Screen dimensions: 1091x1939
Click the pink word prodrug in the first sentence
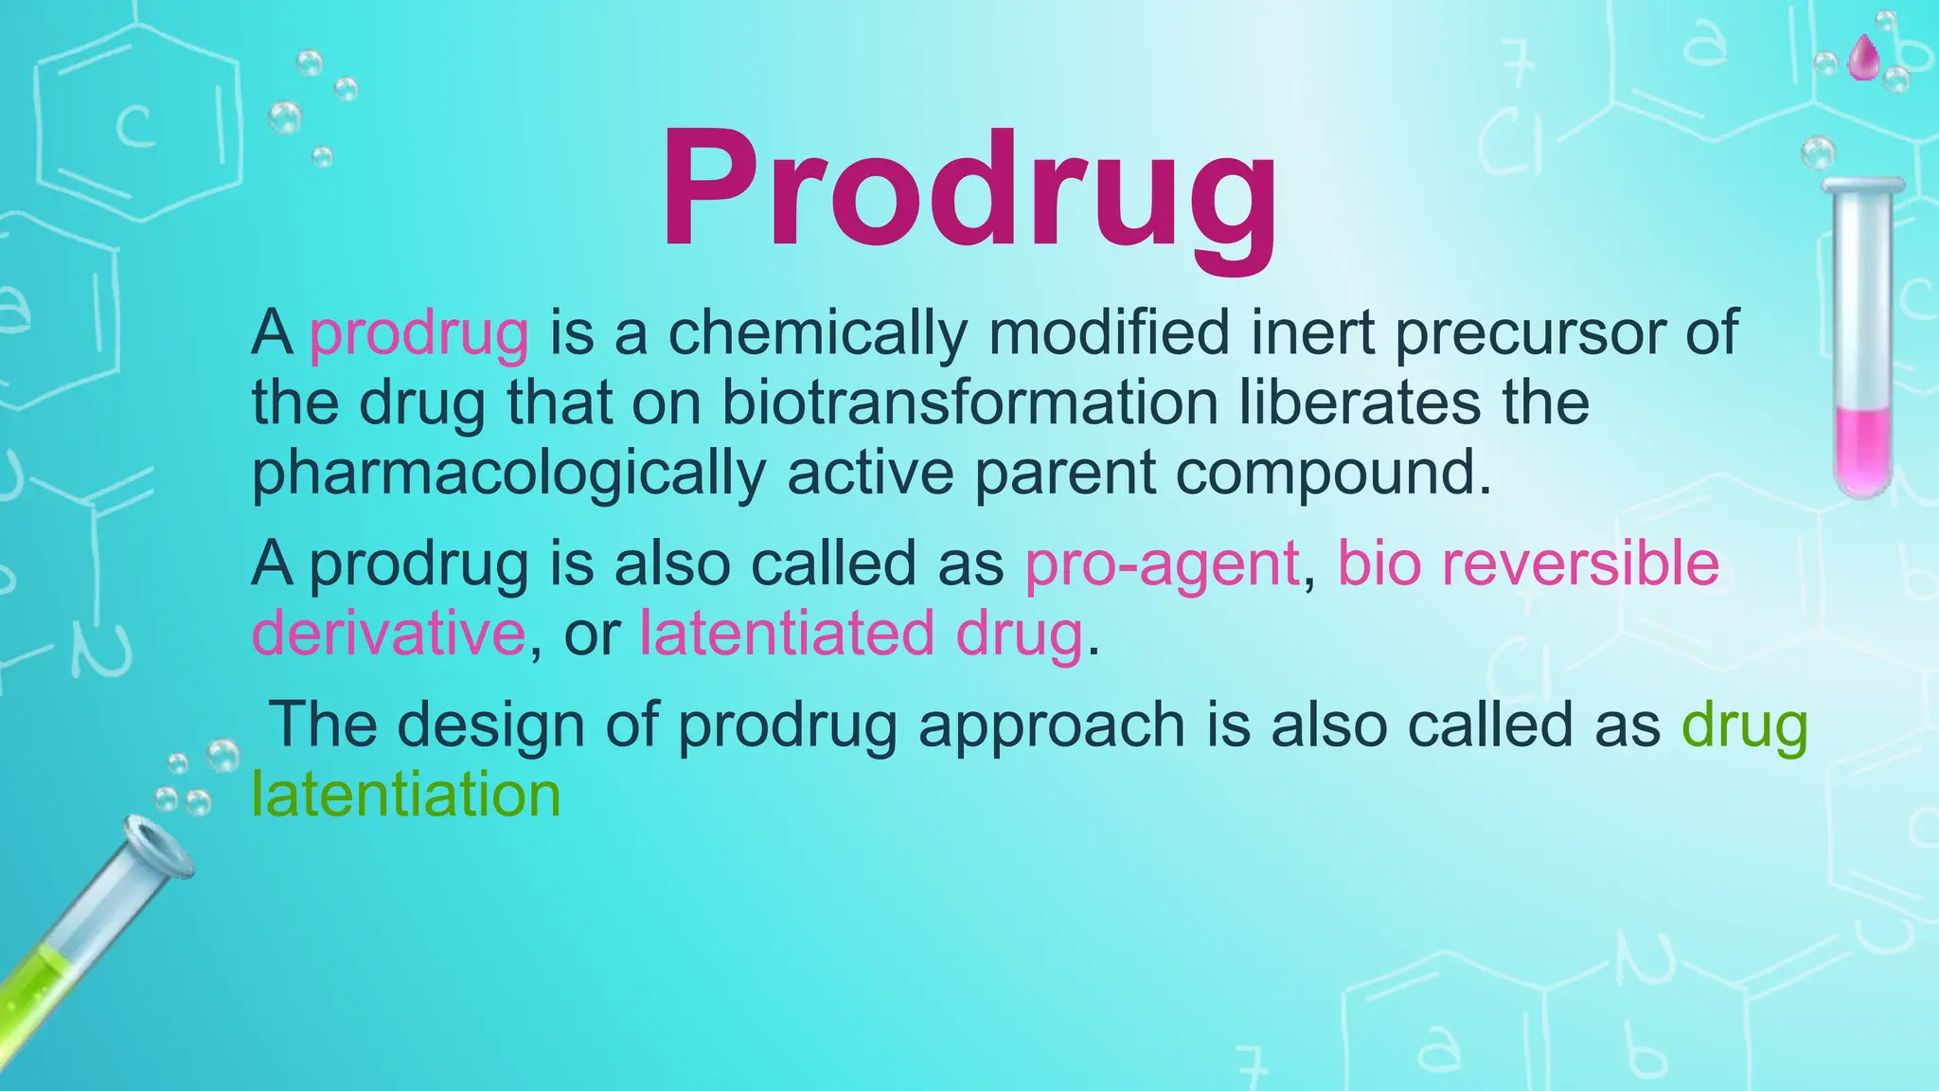[418, 333]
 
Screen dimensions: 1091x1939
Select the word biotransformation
[969, 402]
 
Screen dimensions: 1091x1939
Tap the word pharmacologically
[507, 474]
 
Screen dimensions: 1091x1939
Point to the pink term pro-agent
[1162, 564]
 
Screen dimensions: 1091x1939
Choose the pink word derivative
[388, 633]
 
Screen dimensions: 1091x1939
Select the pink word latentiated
[786, 633]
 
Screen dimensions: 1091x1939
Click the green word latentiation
[406, 795]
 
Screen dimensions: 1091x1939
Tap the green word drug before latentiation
[1744, 725]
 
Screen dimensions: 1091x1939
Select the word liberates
[1360, 402]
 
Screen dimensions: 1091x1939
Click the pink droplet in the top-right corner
[1863, 58]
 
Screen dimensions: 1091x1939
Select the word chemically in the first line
[818, 333]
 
